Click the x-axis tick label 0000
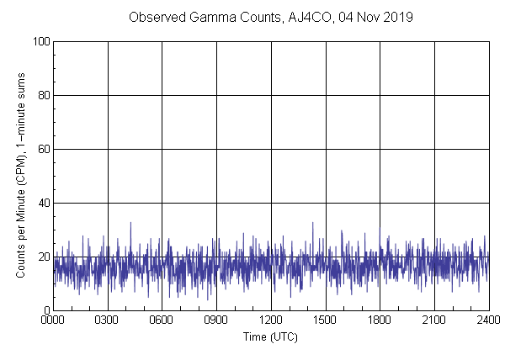pos(53,320)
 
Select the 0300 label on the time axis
pos(108,320)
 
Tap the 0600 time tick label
pos(162,320)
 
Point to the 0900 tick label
pos(216,320)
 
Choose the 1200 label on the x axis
pos(271,320)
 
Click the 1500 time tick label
pos(326,320)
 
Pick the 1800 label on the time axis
pos(380,320)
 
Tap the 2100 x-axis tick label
pos(434,320)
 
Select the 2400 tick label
pos(488,320)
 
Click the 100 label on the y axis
pos(40,41)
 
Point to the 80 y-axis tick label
pos(42,95)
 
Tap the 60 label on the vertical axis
pos(42,149)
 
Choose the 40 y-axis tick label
pos(42,203)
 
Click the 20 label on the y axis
pos(42,257)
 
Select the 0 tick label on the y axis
pos(45,310)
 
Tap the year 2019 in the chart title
pos(397,17)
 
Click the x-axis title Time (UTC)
pos(271,336)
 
